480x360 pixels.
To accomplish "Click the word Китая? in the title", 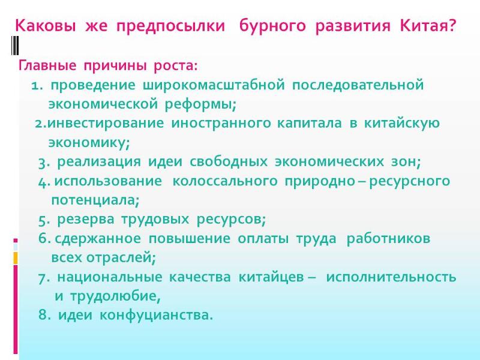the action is tap(428, 26).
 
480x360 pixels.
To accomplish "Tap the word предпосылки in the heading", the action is tap(170, 26).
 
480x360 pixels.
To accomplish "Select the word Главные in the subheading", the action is tap(47, 65).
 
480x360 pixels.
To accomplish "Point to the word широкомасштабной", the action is tap(214, 85).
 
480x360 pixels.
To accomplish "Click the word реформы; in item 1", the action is tap(200, 104).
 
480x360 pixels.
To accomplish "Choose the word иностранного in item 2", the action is tap(221, 124).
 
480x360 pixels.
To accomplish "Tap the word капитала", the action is tap(309, 123).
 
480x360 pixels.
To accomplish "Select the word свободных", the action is tap(229, 161).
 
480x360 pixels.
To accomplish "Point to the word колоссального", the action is tap(225, 181).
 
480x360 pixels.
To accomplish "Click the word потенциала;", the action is tap(95, 200).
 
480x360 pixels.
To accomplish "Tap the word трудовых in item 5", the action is tap(155, 220).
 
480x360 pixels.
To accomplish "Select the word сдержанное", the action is tap(98, 238).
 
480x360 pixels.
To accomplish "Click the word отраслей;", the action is tap(121, 258).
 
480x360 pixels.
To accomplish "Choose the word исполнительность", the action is tap(391, 277).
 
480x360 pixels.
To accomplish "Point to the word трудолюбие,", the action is tap(115, 296).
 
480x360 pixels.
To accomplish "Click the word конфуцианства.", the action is tap(156, 316).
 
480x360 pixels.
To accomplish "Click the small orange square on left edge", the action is tap(16, 258).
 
